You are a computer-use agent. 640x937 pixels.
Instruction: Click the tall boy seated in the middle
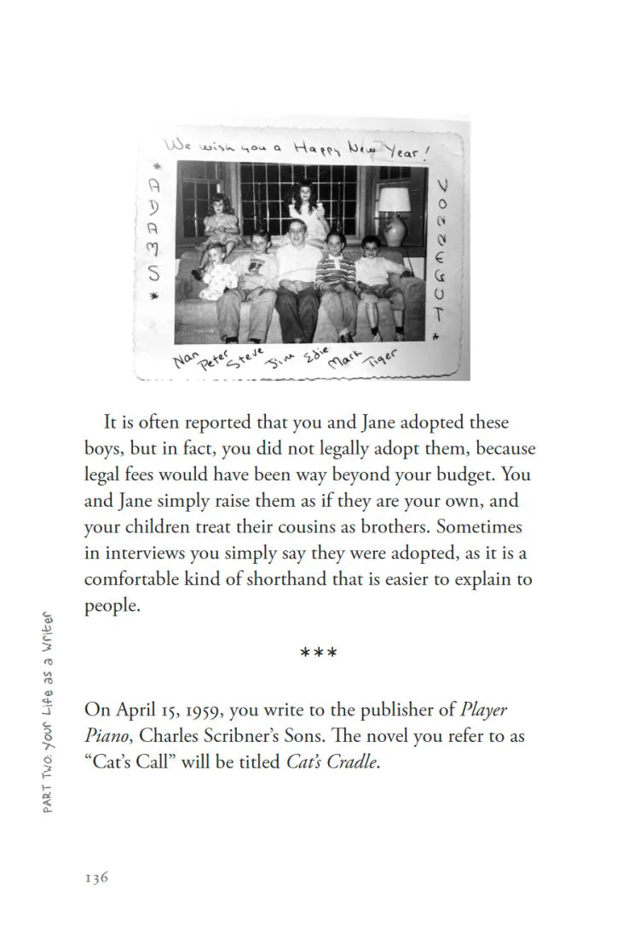pyautogui.click(x=293, y=273)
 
